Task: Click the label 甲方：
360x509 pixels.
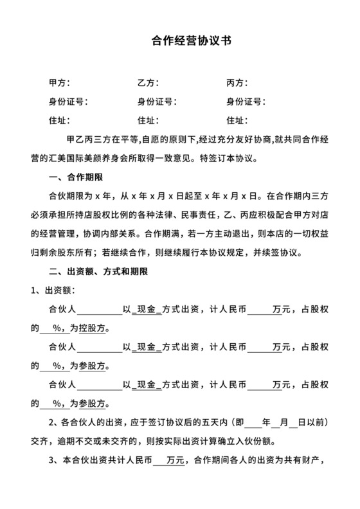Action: (x=60, y=83)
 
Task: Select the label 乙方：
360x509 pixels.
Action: (x=148, y=83)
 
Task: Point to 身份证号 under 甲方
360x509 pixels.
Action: (x=68, y=102)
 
